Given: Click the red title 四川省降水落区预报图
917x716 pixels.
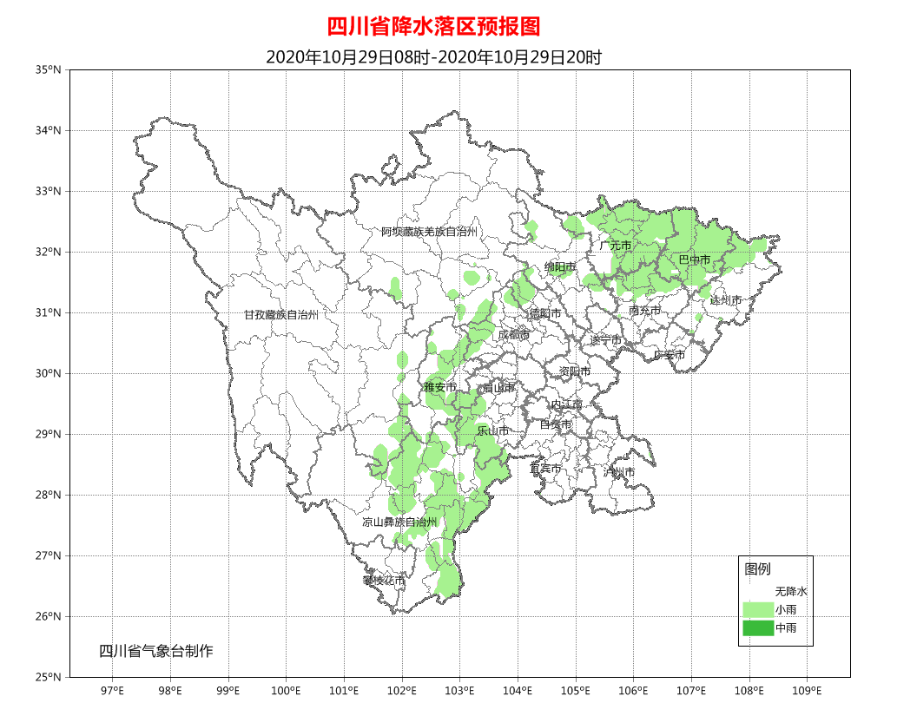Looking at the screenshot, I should point(433,27).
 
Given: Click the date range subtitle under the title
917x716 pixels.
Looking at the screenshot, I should point(433,57).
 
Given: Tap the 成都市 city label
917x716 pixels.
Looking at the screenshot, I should point(513,335).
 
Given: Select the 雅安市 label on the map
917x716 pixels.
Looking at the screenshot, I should point(439,388).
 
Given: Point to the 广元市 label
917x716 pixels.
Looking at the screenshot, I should point(615,246).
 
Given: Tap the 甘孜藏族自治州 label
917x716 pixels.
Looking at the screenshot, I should point(280,315).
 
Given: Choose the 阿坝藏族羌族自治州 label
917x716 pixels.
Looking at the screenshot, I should point(429,232).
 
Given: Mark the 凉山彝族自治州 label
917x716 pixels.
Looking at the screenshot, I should point(399,522).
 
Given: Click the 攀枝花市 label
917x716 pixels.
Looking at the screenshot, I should point(384,580).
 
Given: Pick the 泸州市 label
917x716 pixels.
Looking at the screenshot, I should point(619,472).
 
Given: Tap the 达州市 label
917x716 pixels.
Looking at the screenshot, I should point(726,300).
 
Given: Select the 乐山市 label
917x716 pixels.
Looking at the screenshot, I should point(493,430).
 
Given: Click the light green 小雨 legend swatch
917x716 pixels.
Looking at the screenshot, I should point(757,609).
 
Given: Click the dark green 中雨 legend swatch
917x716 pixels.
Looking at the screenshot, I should point(757,628).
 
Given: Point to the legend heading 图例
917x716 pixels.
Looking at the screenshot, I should point(757,569).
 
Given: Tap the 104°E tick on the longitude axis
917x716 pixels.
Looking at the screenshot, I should point(518,691).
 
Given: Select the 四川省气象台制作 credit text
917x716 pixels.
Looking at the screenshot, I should point(155,652).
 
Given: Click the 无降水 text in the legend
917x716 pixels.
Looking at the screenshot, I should point(791,591).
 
